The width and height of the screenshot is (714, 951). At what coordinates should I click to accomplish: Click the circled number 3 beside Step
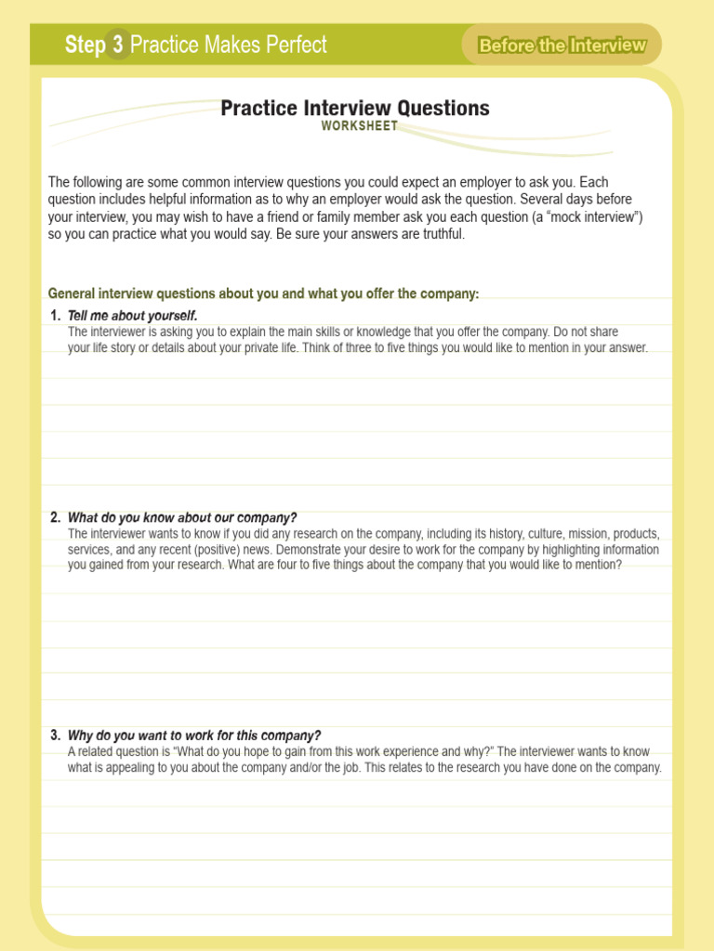[118, 45]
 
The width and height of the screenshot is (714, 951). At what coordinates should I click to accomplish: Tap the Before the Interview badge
[562, 46]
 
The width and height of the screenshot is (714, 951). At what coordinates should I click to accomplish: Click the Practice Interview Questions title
[355, 108]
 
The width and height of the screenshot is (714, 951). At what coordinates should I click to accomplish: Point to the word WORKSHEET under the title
[360, 126]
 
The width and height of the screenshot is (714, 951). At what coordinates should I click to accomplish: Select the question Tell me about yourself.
[133, 316]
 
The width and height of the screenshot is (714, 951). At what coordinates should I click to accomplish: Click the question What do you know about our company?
[182, 517]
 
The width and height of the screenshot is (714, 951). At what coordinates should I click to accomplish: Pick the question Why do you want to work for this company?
[194, 736]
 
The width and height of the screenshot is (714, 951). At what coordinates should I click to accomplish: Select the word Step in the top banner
[85, 45]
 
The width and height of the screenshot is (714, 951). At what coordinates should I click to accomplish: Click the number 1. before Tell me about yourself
[56, 316]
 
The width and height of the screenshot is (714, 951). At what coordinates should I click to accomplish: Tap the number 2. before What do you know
[56, 517]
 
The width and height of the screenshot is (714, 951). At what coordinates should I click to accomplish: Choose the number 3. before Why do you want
[56, 736]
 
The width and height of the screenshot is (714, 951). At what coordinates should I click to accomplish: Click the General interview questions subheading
[263, 293]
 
